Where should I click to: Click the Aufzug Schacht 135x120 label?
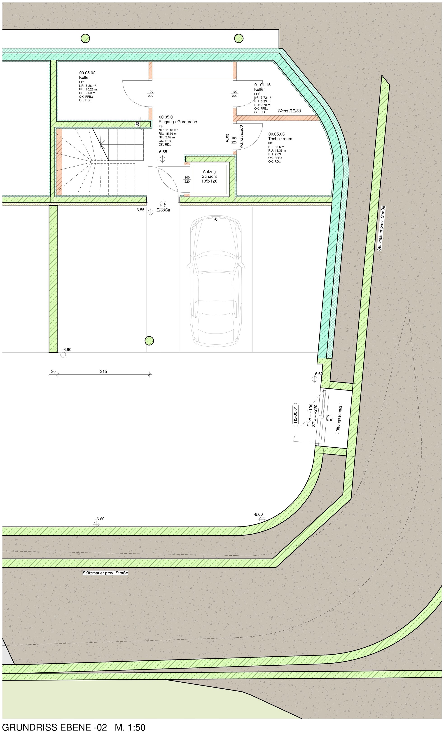(209, 176)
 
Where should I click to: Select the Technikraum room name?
(280, 139)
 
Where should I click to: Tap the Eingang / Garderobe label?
(178, 122)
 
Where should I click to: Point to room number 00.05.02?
(87, 73)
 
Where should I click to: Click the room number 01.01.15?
(262, 85)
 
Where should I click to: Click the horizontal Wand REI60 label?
(289, 111)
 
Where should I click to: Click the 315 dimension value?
(103, 371)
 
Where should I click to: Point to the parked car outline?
(216, 281)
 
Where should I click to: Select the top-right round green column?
(239, 38)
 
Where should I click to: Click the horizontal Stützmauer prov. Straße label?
(105, 573)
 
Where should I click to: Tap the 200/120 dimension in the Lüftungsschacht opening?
(329, 418)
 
